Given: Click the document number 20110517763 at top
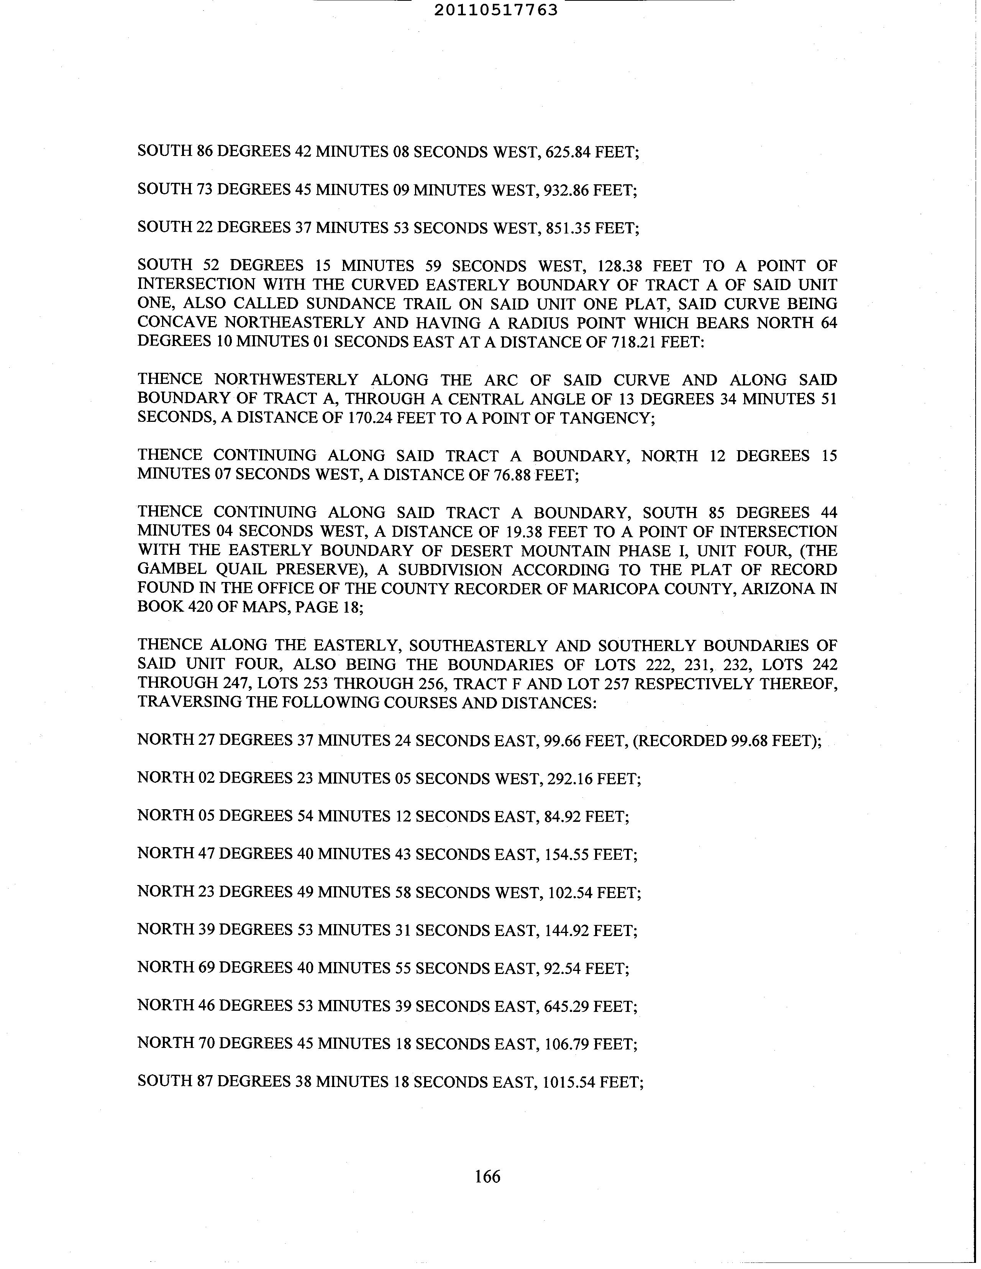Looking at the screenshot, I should click(496, 10).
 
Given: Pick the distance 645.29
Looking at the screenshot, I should click(567, 1006).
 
